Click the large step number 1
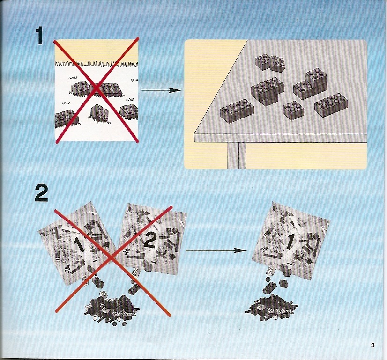[41, 36]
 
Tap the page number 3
[372, 345]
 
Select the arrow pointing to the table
[161, 90]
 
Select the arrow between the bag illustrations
[216, 250]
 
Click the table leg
[237, 156]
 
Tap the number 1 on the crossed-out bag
[79, 244]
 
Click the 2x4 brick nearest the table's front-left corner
[237, 111]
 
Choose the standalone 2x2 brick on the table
[293, 110]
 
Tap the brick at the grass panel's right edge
[129, 111]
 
